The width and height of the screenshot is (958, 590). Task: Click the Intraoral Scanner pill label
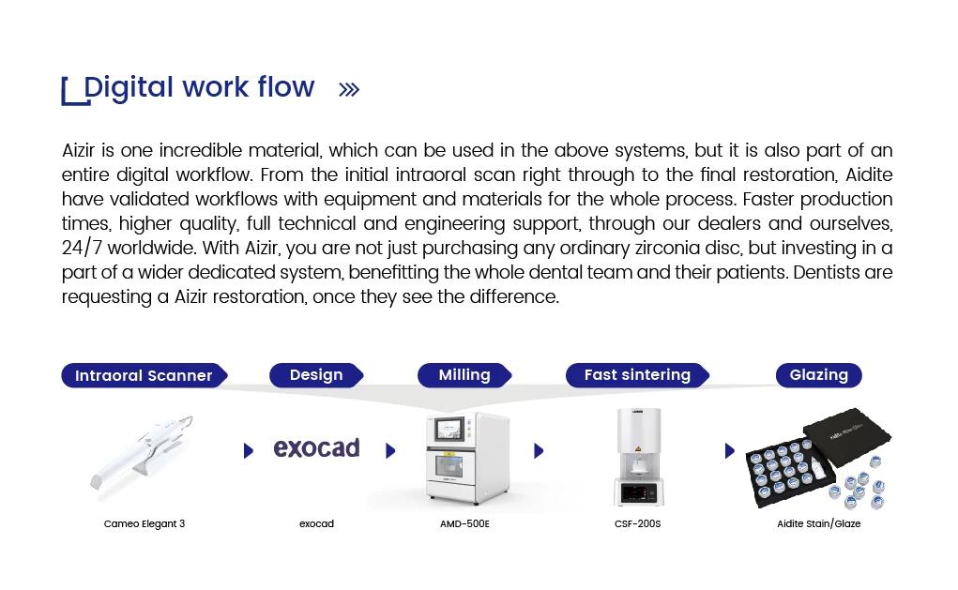tap(144, 375)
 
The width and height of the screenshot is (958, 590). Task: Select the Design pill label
tap(316, 375)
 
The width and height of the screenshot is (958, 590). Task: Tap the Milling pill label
tap(464, 375)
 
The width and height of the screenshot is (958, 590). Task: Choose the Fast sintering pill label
tap(637, 375)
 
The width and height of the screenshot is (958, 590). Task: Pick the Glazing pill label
tap(819, 375)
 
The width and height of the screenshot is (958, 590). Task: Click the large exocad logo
tap(316, 447)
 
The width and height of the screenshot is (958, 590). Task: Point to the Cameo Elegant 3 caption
tap(144, 523)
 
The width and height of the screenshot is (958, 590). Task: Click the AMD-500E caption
tap(465, 523)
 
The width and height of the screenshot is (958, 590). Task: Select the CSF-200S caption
tap(637, 523)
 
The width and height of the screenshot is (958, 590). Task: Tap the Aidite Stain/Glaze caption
tap(819, 523)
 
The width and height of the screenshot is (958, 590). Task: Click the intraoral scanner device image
tap(142, 452)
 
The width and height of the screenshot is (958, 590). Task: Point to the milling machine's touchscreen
tap(449, 430)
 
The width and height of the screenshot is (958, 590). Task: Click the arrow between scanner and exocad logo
tap(248, 451)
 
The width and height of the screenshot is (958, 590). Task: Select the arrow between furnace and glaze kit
tap(729, 451)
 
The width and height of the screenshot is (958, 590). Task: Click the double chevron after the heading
tap(349, 90)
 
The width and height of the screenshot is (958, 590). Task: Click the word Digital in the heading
tap(129, 87)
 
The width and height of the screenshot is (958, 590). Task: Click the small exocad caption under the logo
tap(316, 523)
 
